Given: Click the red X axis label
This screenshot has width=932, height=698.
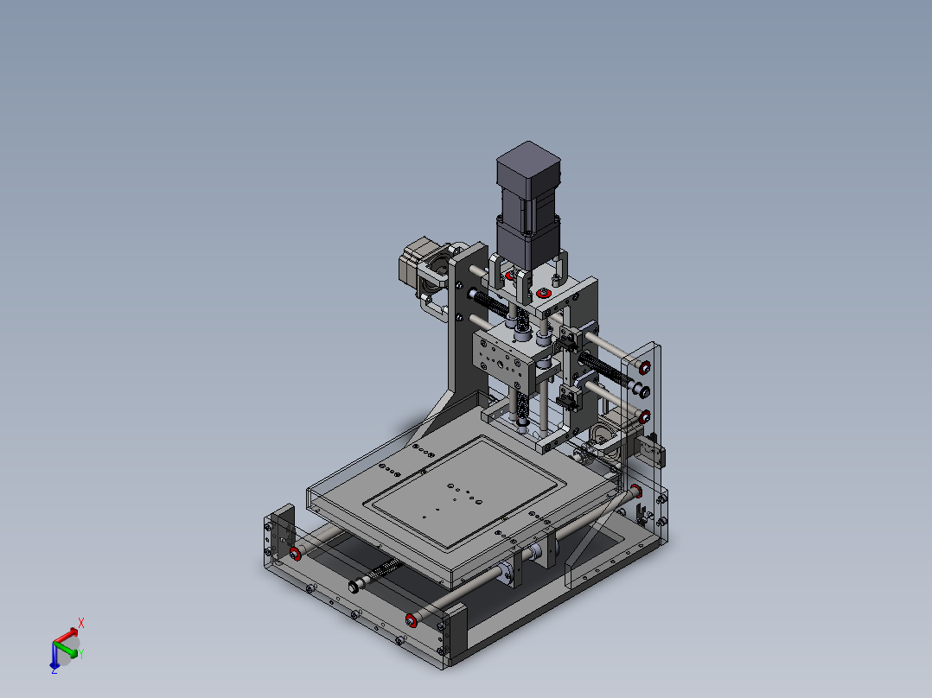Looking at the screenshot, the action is point(81,623).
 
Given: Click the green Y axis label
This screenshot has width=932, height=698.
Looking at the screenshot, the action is point(81,653).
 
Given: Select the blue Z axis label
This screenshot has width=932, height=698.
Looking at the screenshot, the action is point(54,670).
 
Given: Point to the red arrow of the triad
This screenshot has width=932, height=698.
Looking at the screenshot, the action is point(66,635).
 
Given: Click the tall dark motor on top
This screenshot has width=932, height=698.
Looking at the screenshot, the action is point(528,205).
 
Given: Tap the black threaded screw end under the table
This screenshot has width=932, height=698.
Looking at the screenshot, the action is point(354,587).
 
